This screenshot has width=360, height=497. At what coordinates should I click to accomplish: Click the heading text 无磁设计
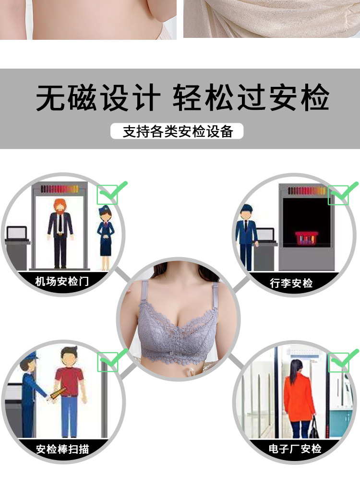[x=98, y=98]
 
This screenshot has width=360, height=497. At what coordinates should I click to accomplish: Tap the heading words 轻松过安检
[x=251, y=98]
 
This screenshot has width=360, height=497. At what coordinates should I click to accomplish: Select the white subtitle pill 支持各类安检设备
[x=177, y=131]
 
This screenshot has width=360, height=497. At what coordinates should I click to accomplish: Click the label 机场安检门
[x=62, y=281]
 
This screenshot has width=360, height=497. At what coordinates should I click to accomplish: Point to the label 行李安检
[x=291, y=283]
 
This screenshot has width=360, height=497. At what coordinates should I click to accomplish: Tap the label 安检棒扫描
[x=62, y=450]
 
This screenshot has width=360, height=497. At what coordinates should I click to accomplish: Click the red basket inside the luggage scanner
[x=307, y=237]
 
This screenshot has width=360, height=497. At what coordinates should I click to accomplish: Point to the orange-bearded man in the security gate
[x=60, y=230]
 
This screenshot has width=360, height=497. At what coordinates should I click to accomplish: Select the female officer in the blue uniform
[x=105, y=235]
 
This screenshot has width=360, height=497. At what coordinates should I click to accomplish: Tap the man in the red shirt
[x=70, y=389]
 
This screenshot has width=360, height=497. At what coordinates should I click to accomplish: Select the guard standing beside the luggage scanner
[x=246, y=235]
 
